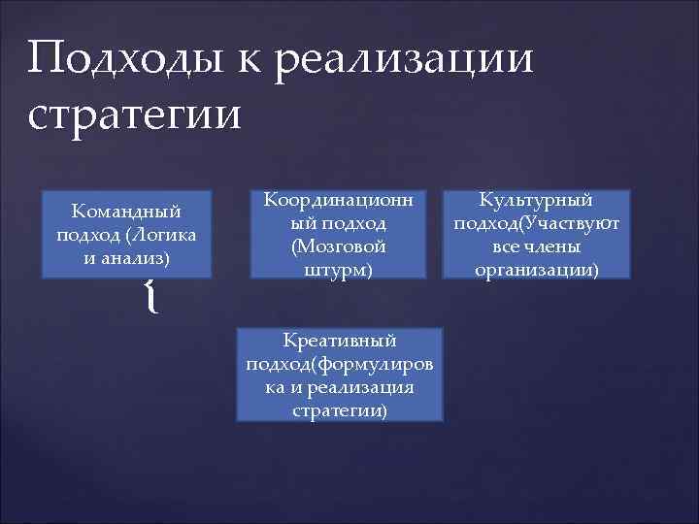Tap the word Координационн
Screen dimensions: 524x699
tap(339, 199)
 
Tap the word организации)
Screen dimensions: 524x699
tap(536, 270)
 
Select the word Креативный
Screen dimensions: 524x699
tap(340, 340)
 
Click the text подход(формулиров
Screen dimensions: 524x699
tap(340, 363)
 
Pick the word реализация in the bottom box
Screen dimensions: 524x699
tap(366, 386)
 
